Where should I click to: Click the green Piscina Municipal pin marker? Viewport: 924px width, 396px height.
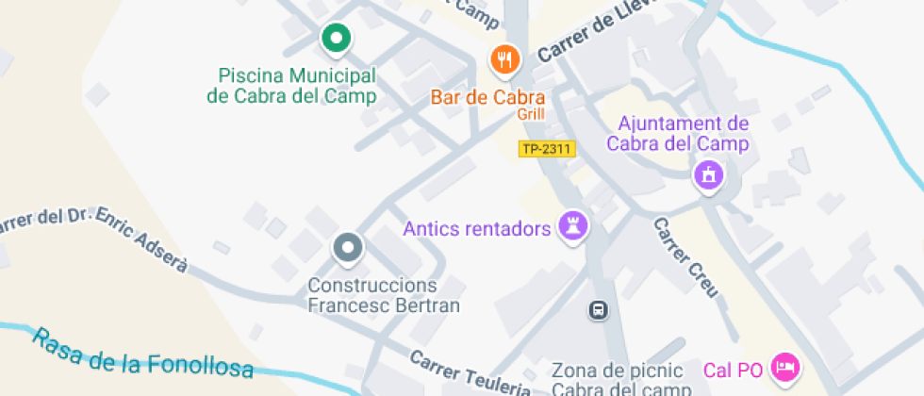[x=335, y=39]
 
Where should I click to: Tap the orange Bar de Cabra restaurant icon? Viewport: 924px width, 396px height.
[x=505, y=59]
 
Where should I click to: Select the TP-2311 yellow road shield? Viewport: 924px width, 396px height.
[x=547, y=149]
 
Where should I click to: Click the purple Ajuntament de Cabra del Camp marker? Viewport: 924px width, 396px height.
[x=708, y=174]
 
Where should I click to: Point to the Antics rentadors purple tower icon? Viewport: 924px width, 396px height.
[x=573, y=225]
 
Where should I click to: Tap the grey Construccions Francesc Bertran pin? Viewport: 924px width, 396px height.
[x=348, y=248]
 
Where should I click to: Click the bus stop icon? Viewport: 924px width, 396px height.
[x=598, y=309]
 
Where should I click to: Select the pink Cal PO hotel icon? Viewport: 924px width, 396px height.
[x=784, y=367]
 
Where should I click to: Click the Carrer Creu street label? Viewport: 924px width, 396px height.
[x=686, y=257]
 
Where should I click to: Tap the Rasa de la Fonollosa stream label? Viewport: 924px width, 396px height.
[x=142, y=353]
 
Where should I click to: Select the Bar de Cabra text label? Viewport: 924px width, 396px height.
[x=488, y=97]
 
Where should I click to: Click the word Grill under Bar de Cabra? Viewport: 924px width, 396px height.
[x=531, y=114]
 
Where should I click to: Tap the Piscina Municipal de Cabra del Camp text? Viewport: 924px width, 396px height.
[x=291, y=85]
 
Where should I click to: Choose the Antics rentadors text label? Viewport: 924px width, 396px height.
[x=476, y=228]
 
